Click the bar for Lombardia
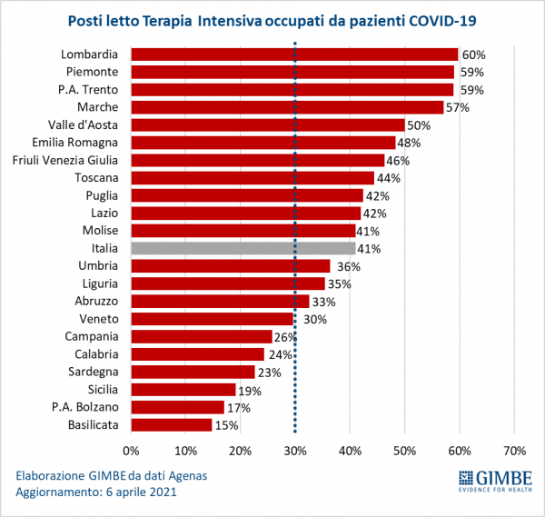[x=294, y=55]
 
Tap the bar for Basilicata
[x=172, y=424]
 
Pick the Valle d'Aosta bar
[x=268, y=124]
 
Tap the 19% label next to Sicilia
[x=251, y=390]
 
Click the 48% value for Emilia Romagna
[x=410, y=143]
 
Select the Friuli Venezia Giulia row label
[x=69, y=160]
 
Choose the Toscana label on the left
[x=100, y=177]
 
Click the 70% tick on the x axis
[x=514, y=451]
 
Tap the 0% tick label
[x=132, y=451]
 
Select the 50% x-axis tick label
[x=404, y=451]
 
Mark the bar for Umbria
[x=231, y=266]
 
